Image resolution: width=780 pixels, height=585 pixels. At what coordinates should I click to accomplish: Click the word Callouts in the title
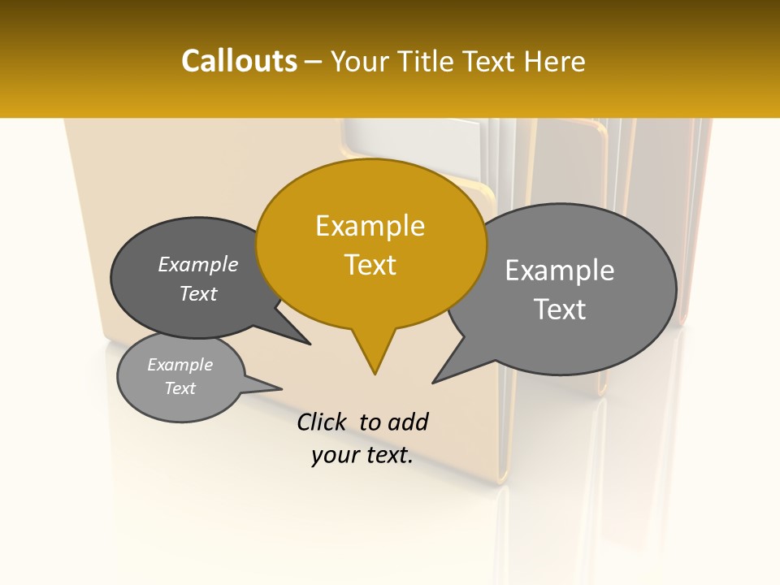point(239,61)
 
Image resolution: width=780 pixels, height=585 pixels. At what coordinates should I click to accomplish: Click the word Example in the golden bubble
point(370,226)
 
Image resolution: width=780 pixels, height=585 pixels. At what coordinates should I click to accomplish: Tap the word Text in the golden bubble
point(370,265)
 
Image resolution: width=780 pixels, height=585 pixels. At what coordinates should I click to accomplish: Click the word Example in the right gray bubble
point(560,271)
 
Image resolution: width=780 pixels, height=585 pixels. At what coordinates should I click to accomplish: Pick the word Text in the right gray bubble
point(560,310)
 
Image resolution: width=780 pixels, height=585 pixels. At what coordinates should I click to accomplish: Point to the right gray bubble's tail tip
point(433,382)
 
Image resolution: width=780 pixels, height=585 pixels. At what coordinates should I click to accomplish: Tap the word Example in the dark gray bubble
point(198,265)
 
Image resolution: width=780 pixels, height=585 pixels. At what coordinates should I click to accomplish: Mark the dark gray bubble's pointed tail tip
point(310,344)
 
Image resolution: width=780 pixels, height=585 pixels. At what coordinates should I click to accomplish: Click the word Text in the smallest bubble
point(180,388)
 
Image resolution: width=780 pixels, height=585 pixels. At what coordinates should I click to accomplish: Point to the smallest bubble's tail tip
point(281,388)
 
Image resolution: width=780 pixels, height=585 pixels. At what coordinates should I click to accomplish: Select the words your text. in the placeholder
point(362,456)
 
